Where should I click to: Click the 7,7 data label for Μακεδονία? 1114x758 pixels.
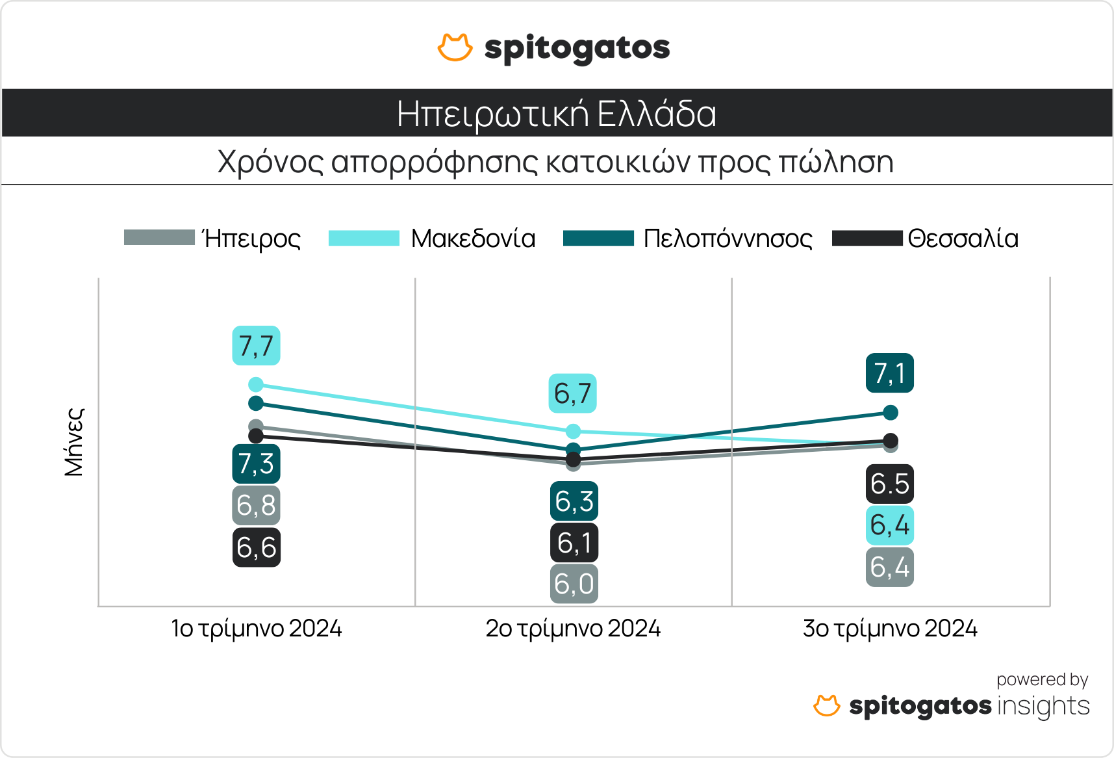(x=256, y=346)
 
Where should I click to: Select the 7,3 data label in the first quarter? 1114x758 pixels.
(x=256, y=464)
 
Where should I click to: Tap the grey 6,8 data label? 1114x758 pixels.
(x=256, y=505)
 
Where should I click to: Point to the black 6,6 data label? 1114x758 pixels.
(x=256, y=547)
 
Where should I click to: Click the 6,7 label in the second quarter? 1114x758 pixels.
(x=572, y=393)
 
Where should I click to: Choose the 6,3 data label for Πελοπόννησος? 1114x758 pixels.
(x=574, y=501)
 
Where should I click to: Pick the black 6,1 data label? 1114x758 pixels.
(x=574, y=543)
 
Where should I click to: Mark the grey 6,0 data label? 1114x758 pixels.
(x=574, y=584)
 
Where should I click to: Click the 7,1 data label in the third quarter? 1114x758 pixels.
(x=889, y=373)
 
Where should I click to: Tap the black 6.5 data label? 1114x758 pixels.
(x=889, y=484)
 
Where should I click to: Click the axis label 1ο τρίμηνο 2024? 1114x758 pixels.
(x=256, y=629)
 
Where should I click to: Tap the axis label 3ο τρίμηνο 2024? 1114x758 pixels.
(x=890, y=629)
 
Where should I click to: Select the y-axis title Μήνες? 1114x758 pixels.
(x=74, y=442)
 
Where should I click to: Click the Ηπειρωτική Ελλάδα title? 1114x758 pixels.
(x=557, y=114)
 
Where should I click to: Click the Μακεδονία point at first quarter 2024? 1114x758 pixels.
(x=256, y=385)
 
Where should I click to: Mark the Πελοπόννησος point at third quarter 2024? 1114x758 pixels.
(x=891, y=412)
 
